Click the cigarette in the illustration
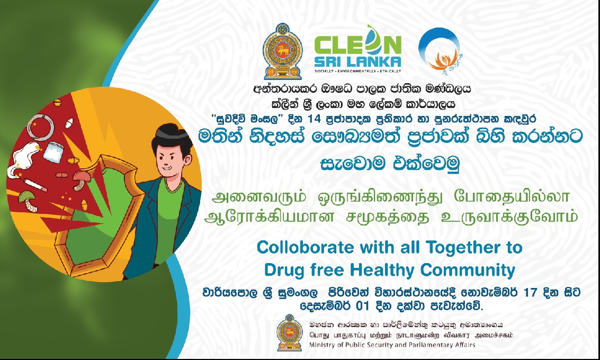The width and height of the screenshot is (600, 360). tap(35, 185)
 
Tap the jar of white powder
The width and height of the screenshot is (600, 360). tap(53, 151)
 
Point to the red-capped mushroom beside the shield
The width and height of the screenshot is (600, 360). tap(80, 181)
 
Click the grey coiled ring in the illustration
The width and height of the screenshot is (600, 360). tap(40, 126)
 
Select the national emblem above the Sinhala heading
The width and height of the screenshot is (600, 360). tap(282, 51)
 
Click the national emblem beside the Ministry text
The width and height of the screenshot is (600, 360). tap(289, 333)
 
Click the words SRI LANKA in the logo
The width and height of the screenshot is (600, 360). tap(357, 61)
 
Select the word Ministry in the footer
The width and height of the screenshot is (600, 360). tap(321, 345)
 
